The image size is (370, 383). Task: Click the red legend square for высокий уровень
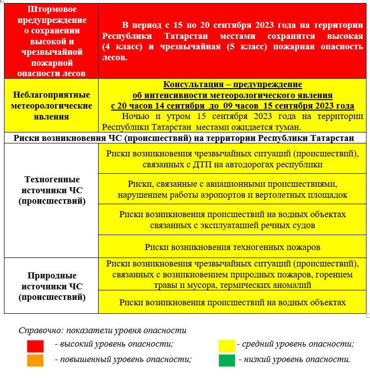point(35,345)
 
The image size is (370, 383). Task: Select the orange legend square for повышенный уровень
point(35,360)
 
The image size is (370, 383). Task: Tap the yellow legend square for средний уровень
point(227,345)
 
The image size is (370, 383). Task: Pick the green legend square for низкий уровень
point(227,360)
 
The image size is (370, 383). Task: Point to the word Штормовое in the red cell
point(51,9)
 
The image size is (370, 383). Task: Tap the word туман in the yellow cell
point(286,127)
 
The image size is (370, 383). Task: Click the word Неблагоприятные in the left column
point(51,95)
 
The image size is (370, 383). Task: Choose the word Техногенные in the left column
point(51,179)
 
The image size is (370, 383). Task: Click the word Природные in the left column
point(51,275)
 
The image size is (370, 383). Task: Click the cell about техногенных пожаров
point(232,247)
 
